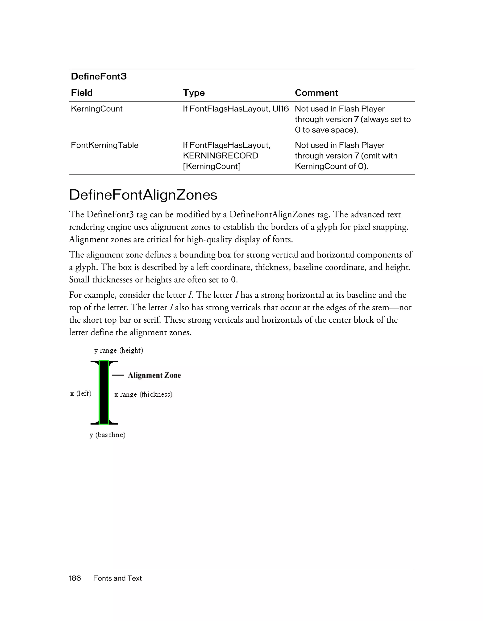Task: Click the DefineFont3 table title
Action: pos(99,76)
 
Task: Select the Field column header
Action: pos(82,93)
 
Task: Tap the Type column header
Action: pos(194,93)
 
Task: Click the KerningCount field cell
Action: pos(96,109)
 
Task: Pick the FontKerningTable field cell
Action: pos(104,145)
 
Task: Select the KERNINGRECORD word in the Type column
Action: pos(220,156)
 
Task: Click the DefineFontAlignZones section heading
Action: pos(143,195)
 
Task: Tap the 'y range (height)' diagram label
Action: pos(119,350)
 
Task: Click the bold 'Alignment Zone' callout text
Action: pos(154,375)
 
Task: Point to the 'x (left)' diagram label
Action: pos(81,394)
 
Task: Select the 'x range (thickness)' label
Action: pos(143,395)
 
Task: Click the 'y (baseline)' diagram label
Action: pos(107,435)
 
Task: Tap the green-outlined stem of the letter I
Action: pos(104,393)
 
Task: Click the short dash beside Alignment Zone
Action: pos(118,375)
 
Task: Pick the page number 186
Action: pos(75,578)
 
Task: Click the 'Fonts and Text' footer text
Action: pos(117,578)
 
